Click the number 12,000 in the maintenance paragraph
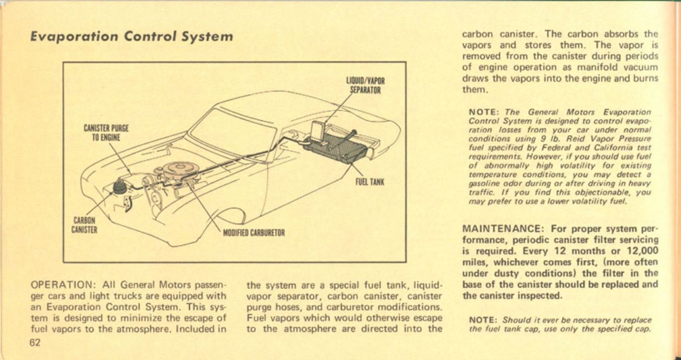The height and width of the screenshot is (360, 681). coord(635,251)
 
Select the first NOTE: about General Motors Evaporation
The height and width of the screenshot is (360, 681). coord(483,111)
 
